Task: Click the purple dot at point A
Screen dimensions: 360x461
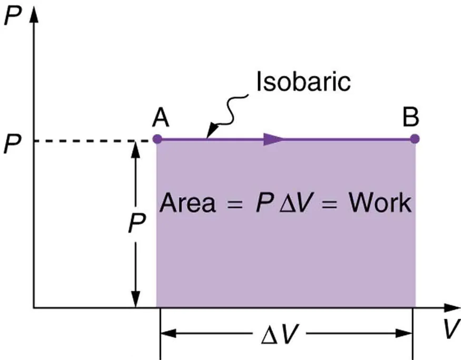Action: [x=156, y=139]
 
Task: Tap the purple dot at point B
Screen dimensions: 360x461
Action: [x=415, y=139]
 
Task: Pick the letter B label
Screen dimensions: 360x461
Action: [x=410, y=118]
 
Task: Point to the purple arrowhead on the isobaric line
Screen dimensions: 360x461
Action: [x=273, y=139]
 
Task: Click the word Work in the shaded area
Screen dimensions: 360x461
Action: [x=380, y=202]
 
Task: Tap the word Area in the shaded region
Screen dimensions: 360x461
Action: [x=188, y=202]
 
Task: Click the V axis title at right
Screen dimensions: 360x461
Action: [x=449, y=330]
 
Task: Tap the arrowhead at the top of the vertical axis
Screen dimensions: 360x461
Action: [x=35, y=13]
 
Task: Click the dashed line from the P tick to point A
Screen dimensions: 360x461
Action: [x=90, y=141]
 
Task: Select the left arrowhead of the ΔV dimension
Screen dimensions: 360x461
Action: [x=168, y=333]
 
